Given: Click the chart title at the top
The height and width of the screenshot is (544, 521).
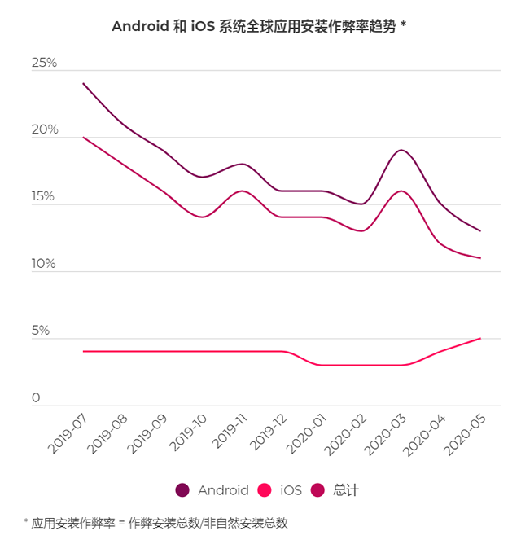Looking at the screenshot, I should pos(259,26).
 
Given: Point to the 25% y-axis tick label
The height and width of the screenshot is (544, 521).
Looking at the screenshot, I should pos(44,63).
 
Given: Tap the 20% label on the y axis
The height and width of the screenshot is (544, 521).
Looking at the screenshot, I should pos(44,130).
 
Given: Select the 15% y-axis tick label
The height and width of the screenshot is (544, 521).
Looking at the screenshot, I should pos(44,197).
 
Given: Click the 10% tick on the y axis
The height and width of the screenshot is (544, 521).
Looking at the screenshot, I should pos(44,264).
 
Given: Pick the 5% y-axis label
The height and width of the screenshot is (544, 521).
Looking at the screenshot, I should pos(41,331).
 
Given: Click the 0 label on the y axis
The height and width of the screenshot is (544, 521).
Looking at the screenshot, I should pos(36,398).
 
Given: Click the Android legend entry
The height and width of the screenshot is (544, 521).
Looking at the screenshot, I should pos(213,489).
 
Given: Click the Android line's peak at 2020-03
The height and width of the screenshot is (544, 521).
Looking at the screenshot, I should pos(400,151).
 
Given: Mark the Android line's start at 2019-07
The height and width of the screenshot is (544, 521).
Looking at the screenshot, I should pos(83,83).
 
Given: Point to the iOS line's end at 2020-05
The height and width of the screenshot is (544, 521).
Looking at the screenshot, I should pos(479,338).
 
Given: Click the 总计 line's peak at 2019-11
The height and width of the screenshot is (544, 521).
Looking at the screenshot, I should pos(241,191).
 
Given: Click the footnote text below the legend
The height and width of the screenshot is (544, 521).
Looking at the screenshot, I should pos(155,522).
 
